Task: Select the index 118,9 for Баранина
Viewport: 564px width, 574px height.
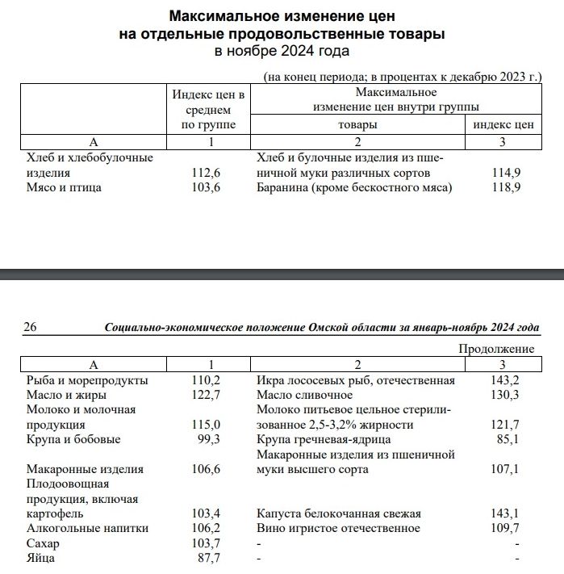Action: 506,187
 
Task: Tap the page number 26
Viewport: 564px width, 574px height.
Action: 31,327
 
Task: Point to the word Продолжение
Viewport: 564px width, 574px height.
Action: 496,349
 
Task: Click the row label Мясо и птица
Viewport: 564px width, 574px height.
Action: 65,187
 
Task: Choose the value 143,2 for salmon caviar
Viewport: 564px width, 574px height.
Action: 507,380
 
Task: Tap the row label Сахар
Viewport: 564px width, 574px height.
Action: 43,543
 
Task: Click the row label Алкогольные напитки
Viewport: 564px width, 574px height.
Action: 86,528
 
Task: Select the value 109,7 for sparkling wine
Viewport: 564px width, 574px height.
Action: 507,528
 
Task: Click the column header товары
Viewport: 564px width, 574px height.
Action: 357,125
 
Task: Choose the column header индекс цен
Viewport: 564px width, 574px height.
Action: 503,125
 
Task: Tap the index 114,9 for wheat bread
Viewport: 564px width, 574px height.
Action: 506,173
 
